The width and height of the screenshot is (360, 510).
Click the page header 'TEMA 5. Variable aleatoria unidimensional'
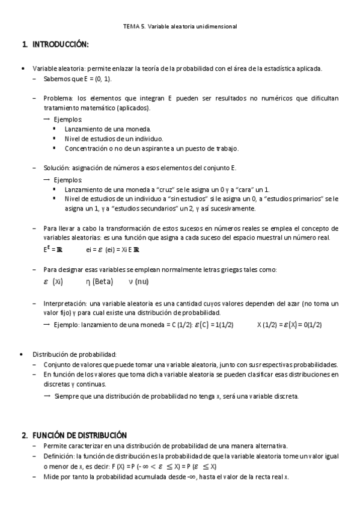(x=180, y=26)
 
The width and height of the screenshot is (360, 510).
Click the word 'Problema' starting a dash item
(x=58, y=97)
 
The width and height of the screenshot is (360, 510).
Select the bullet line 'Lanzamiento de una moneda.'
(x=108, y=129)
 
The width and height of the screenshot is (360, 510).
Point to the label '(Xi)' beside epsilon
(x=58, y=281)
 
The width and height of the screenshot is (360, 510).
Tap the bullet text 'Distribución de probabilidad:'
(x=74, y=354)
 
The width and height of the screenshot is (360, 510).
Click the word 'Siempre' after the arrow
(x=66, y=396)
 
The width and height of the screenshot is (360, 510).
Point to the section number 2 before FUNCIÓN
(x=25, y=435)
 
